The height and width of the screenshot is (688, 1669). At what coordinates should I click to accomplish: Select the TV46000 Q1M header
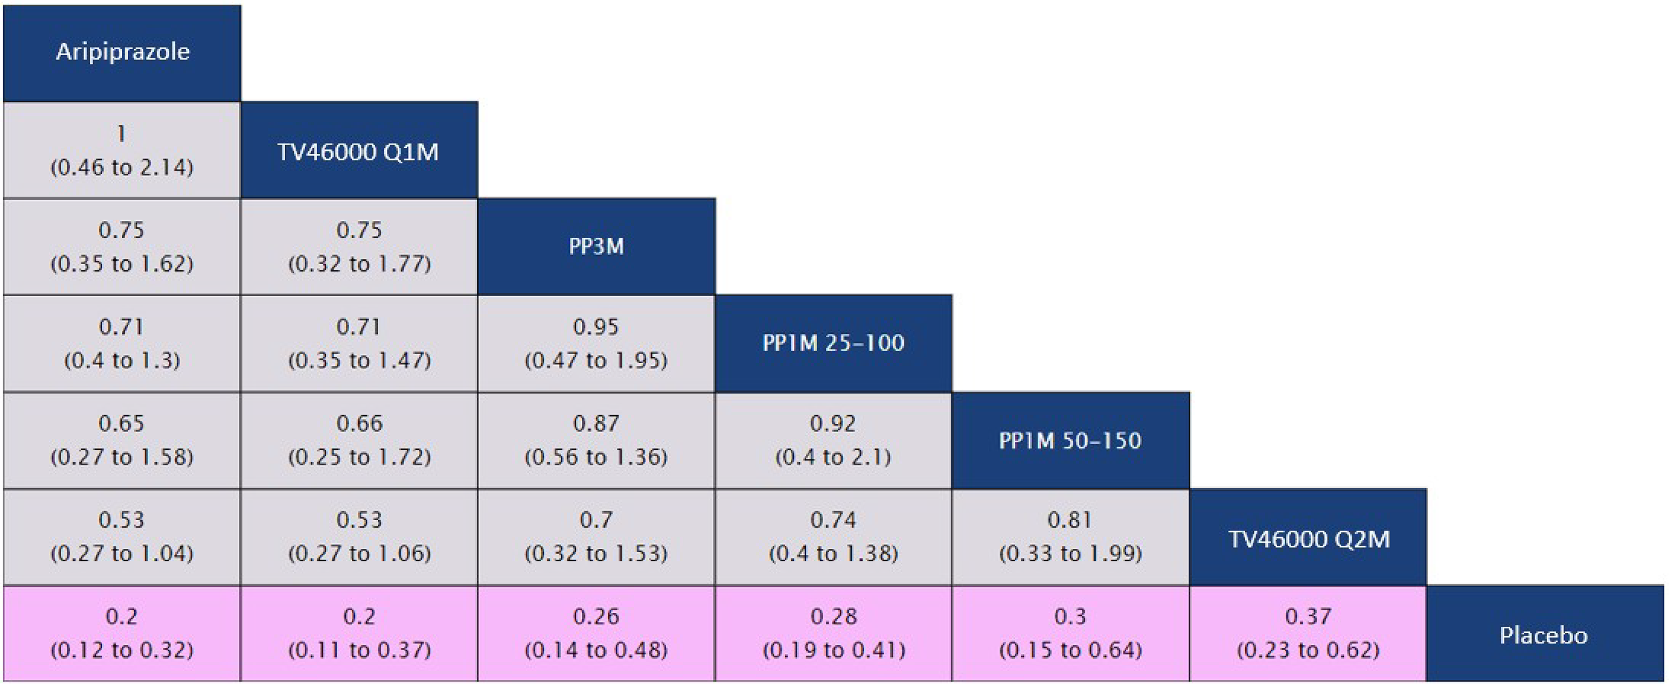pos(359,150)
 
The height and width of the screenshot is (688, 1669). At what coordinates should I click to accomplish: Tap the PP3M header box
pos(596,247)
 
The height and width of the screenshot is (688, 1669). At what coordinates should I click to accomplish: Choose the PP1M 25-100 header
pos(833,343)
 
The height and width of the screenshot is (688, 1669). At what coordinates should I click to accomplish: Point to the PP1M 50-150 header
pos(1070,441)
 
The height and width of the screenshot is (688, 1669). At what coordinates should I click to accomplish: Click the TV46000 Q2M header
pos(1308,538)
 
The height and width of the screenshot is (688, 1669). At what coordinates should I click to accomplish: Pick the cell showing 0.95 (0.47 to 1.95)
pos(596,343)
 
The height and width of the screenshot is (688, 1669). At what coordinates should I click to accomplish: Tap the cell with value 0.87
pos(596,441)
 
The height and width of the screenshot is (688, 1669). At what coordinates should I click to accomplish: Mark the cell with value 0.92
pos(833,441)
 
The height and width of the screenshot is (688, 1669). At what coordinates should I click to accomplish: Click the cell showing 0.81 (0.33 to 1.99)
pos(1070,537)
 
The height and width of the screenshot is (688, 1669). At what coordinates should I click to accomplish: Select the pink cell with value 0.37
pos(1308,633)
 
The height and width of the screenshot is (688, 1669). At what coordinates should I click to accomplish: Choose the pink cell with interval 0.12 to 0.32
pos(122,633)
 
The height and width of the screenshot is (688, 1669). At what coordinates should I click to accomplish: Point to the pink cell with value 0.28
pos(833,633)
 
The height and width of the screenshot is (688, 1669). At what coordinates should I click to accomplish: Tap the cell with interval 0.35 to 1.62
pos(122,247)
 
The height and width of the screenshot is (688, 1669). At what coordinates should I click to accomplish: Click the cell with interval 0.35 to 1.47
pos(359,343)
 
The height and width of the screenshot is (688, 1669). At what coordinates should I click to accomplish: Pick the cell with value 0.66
pos(359,441)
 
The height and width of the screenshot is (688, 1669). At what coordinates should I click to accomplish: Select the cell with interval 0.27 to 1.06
pos(359,537)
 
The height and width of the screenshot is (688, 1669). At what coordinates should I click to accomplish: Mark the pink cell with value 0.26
pos(596,633)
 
